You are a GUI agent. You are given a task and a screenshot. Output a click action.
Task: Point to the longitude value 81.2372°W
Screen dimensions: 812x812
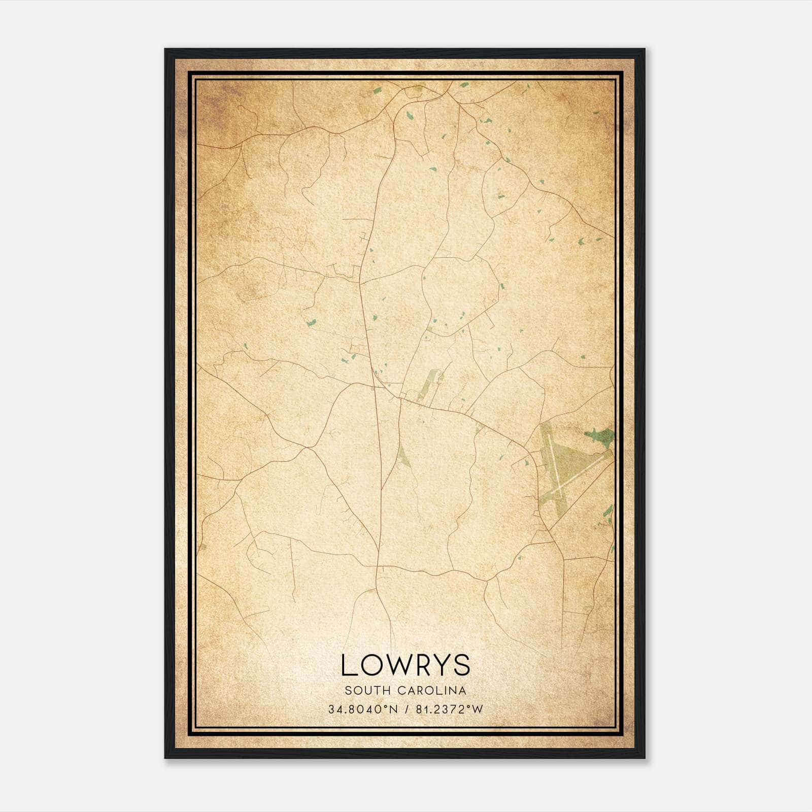[x=450, y=709]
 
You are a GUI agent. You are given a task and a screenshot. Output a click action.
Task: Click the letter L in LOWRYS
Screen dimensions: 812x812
[x=350, y=665]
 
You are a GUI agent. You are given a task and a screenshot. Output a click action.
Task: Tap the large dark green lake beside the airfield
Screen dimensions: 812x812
[x=600, y=435]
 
